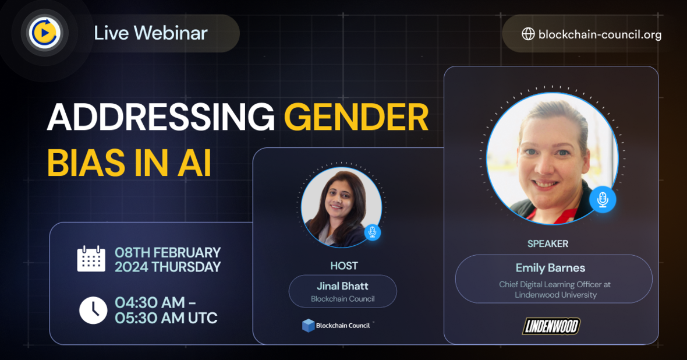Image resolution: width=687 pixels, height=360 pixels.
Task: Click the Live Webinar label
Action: coord(151,33)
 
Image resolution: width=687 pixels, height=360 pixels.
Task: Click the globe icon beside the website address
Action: coord(528,34)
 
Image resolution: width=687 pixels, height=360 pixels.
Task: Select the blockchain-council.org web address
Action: coord(600,34)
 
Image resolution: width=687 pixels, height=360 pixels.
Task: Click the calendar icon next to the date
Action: coord(91,259)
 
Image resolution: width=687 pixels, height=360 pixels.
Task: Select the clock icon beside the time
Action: coord(93,310)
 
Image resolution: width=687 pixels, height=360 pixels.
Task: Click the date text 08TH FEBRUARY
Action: coord(168,252)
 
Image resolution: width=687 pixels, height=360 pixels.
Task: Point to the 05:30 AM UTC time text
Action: coord(166,318)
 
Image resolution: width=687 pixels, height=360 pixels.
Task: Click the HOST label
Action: coord(344,266)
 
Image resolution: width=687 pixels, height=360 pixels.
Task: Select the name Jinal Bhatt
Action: coord(342,286)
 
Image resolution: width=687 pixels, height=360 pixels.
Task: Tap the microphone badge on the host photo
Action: coord(373,232)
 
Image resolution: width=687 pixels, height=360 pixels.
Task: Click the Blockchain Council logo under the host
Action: coord(337,325)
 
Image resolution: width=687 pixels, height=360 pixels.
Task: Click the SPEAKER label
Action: coord(547,243)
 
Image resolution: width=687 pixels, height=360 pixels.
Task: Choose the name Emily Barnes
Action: coord(550,268)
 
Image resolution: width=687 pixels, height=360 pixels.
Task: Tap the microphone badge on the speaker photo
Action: coord(603,200)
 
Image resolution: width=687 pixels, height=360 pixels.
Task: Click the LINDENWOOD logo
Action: coord(551,326)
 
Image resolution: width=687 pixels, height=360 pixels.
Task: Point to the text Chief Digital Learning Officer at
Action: coord(555,284)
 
